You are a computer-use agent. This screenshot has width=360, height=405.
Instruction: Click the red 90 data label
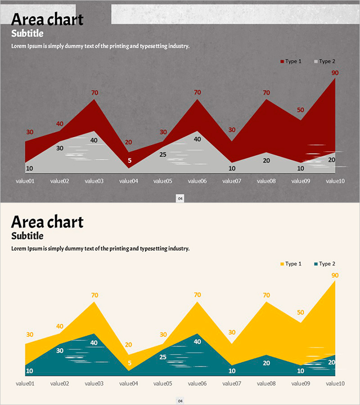335,73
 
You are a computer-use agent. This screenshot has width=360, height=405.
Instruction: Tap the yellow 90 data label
335,275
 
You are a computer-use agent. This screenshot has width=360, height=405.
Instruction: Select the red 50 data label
301,110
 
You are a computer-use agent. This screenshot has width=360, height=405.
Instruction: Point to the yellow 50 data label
301,312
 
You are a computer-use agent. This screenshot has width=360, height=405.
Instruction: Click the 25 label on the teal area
163,357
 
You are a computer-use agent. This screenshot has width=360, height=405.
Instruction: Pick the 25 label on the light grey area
163,155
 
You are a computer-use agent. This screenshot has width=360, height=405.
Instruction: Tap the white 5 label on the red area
130,161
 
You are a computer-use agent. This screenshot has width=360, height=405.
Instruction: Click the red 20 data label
129,142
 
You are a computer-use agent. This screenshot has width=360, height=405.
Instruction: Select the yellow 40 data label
60,326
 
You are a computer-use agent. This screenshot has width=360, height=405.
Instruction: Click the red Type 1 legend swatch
282,62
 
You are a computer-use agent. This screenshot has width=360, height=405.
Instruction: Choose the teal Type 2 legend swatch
316,264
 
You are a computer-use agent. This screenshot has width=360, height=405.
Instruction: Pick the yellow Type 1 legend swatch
282,264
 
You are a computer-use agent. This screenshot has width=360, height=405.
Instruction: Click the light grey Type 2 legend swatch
316,62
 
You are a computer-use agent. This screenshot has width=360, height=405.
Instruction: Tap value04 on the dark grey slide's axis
129,181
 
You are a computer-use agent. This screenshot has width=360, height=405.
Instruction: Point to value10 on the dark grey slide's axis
335,181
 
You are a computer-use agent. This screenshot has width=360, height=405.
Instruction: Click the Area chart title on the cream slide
47,222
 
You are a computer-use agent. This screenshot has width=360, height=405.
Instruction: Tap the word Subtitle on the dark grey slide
27,33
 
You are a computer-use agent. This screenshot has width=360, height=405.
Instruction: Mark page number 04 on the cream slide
180,400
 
